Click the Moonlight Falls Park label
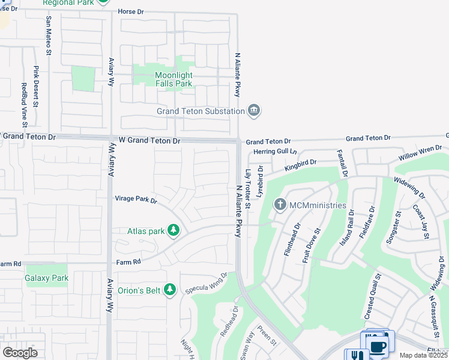[173, 80]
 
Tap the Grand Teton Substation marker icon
[254, 110]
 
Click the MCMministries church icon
[280, 205]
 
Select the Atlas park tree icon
[173, 230]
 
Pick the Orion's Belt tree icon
[170, 290]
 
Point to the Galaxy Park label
[47, 278]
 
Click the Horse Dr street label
[132, 11]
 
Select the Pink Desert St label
[36, 86]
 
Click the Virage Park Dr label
[136, 199]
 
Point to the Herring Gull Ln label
[276, 152]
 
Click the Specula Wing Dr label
[206, 282]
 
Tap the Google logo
[20, 352]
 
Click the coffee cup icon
[378, 347]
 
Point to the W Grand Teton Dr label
[149, 140]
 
